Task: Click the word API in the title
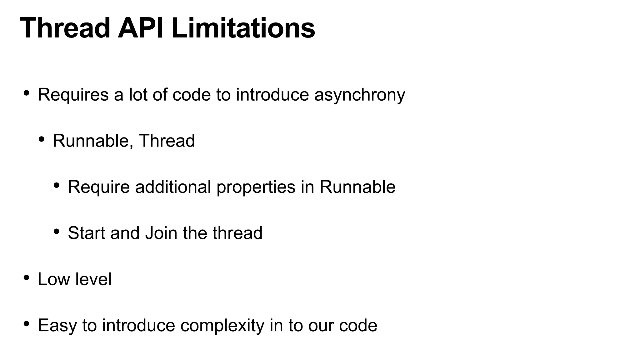141,28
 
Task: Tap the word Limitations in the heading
243,28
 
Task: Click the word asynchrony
360,95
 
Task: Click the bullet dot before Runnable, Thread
42,139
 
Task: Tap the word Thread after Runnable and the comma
167,141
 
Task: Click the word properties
256,187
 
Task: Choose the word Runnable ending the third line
357,187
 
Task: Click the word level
93,279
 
